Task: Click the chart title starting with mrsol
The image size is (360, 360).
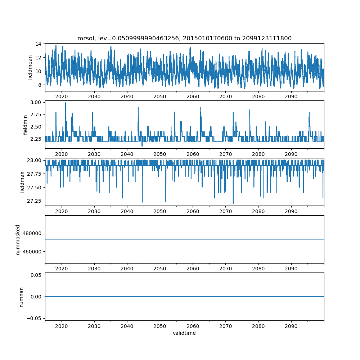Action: [184, 38]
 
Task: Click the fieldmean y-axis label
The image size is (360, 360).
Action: [30, 67]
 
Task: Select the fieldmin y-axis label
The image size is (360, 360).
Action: [25, 125]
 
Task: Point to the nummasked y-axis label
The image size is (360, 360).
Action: [18, 239]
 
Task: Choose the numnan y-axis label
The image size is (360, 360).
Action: [21, 297]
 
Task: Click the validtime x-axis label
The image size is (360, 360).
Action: [184, 333]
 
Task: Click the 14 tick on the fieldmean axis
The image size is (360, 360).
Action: [38, 44]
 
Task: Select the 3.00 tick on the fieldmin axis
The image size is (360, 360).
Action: [35, 102]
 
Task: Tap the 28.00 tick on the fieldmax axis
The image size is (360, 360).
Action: [34, 160]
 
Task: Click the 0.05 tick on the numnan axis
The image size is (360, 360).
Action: [36, 275]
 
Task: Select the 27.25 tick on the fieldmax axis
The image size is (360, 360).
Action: [34, 201]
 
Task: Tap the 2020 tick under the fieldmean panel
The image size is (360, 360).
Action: [62, 97]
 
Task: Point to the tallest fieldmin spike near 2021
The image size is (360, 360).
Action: [66, 103]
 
